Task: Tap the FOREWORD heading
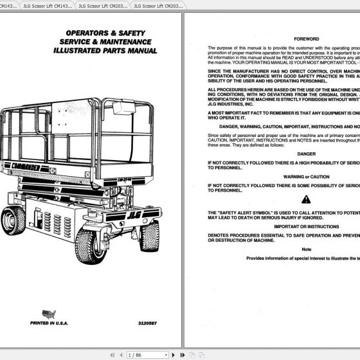pos(307,39)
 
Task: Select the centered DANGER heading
pos(306,154)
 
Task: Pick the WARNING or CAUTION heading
pos(306,176)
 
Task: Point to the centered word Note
pos(306,248)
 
